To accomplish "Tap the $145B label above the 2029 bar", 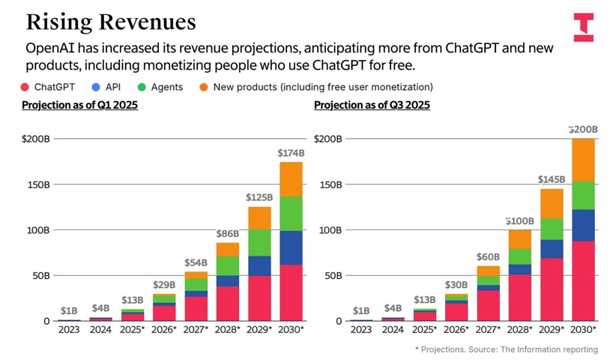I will click(552, 180).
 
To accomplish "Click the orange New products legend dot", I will click(203, 87).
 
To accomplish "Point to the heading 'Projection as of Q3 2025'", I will click(372, 105).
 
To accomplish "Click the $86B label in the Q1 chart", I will click(228, 234).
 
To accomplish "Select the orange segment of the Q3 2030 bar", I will click(583, 160).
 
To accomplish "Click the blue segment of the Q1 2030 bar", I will click(290, 247).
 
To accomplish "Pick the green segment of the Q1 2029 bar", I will click(259, 242).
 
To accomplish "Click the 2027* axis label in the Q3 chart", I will click(489, 330).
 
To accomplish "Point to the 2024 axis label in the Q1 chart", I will click(100, 330).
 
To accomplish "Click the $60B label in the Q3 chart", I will click(489, 258).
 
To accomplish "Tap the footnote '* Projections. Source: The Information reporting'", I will click(507, 349).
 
